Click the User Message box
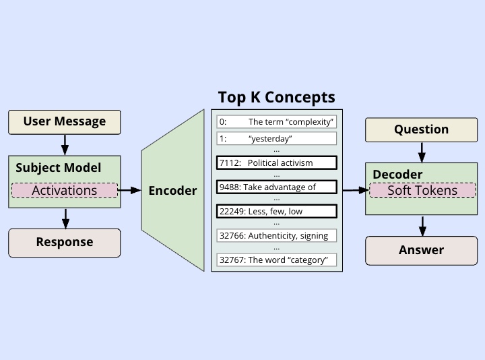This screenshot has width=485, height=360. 65,122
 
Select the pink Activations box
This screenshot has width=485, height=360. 65,190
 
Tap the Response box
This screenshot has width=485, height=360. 65,242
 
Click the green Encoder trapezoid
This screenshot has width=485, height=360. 173,191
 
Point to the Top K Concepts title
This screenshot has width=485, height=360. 276,97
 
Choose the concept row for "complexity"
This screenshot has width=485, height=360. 276,122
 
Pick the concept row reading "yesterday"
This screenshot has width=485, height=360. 276,138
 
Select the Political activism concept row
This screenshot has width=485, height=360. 276,162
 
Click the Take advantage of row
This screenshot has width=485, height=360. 276,187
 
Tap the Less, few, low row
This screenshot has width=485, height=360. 276,211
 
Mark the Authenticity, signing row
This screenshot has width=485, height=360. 276,235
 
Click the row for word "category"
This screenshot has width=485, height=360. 276,260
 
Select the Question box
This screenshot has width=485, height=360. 421,129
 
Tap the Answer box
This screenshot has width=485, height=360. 421,250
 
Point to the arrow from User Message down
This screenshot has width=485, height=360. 65,144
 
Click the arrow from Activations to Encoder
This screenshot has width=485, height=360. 129,191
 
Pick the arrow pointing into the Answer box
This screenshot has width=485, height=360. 421,225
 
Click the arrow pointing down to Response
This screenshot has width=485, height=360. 65,218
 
